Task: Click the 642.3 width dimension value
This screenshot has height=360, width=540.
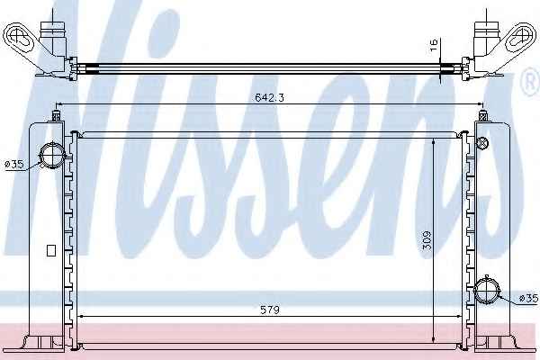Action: pyautogui.click(x=269, y=98)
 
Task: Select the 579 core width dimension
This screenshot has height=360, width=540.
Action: pyautogui.click(x=270, y=310)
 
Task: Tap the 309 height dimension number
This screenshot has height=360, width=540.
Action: pyautogui.click(x=427, y=241)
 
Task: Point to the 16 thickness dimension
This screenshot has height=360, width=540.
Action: pyautogui.click(x=434, y=45)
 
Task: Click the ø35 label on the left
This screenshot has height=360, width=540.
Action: pyautogui.click(x=14, y=165)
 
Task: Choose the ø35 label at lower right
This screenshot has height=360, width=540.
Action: pyautogui.click(x=528, y=298)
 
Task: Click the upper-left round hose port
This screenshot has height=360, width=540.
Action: pyautogui.click(x=52, y=156)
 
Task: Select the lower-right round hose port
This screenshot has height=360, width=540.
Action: pyautogui.click(x=487, y=290)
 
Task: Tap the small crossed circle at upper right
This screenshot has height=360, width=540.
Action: pyautogui.click(x=482, y=142)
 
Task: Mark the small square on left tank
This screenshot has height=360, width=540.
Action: pyautogui.click(x=51, y=250)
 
